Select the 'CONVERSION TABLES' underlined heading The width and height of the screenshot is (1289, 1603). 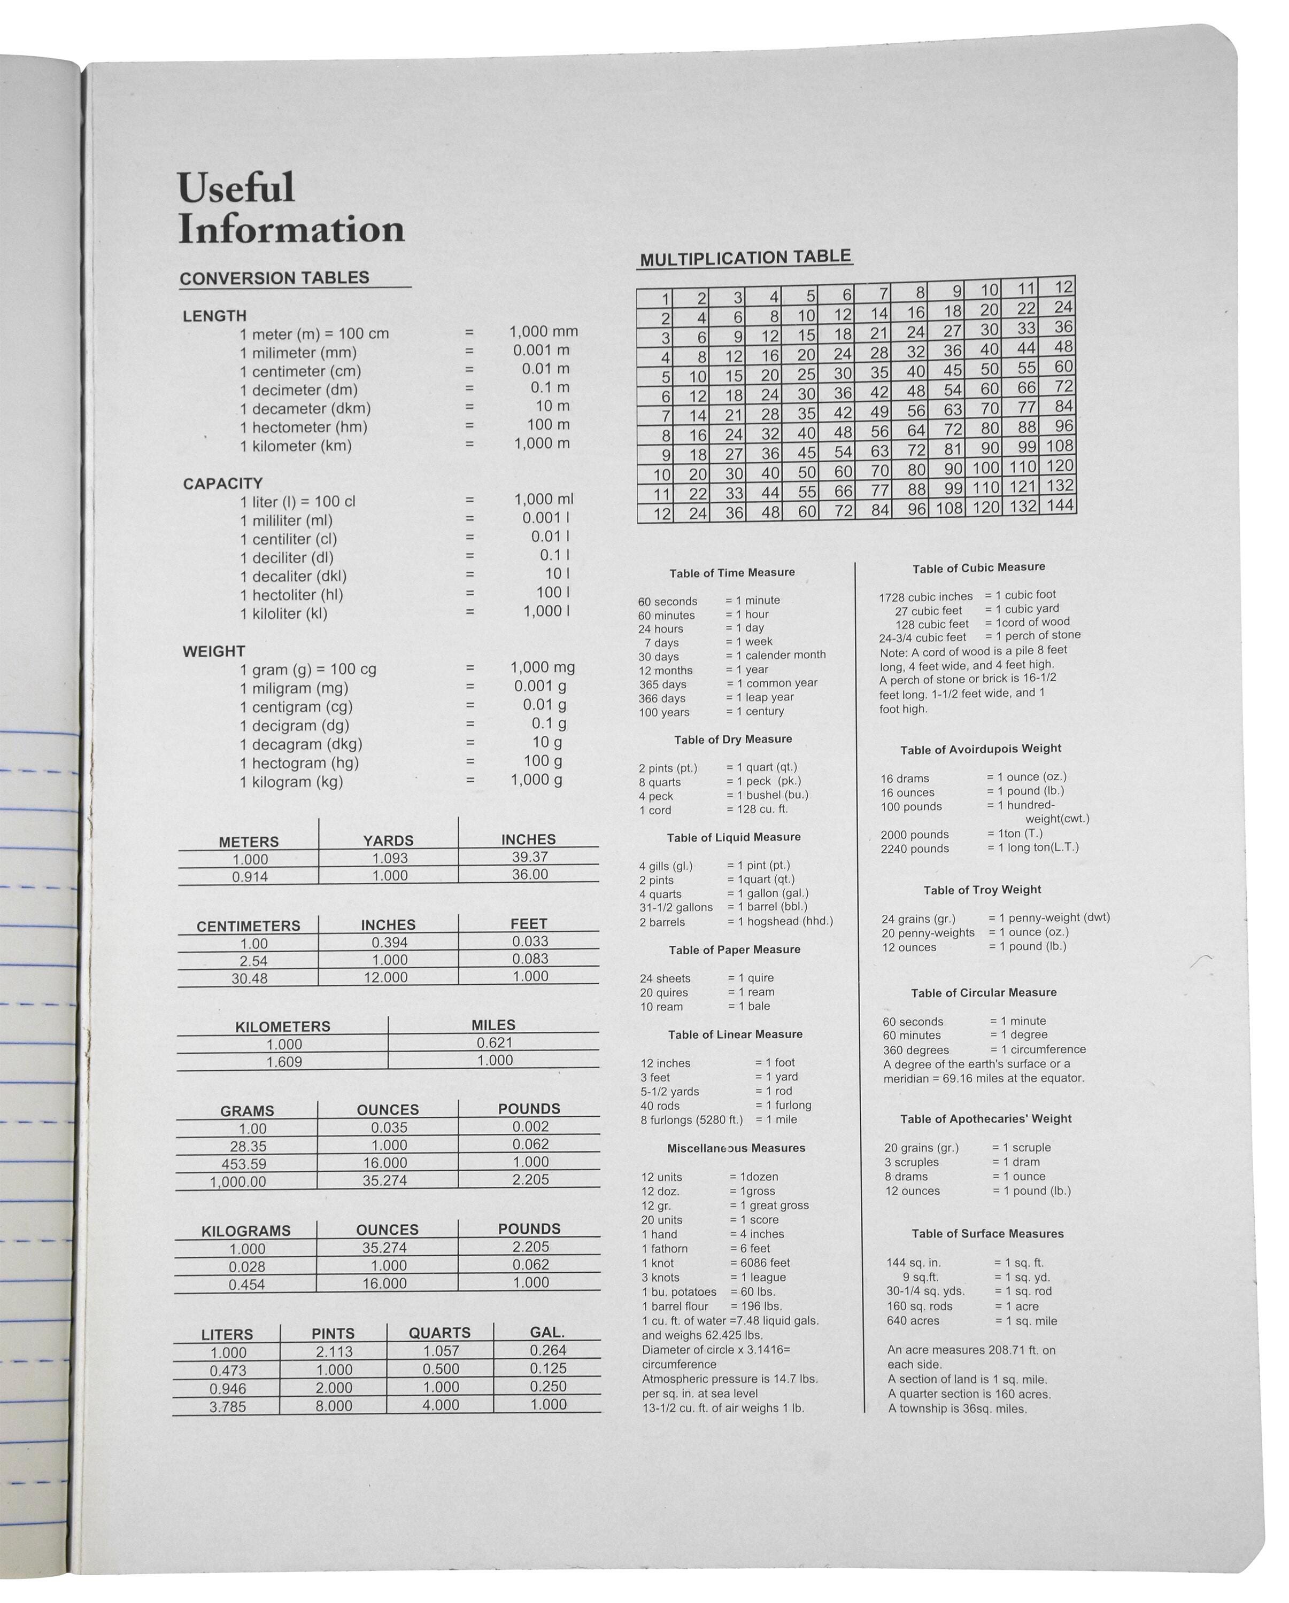274,278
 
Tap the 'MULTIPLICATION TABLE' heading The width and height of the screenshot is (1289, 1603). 745,258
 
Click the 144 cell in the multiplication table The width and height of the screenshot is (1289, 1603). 1059,505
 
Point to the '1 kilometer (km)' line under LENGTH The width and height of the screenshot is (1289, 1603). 295,446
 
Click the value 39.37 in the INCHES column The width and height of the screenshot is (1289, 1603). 530,857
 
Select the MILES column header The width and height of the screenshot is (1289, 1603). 493,1024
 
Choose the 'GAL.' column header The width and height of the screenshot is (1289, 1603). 547,1332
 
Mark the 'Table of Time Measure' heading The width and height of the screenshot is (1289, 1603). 732,572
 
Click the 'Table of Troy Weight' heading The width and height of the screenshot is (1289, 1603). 982,890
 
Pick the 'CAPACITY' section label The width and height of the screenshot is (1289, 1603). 222,483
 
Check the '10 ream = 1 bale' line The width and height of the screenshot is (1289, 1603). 704,1006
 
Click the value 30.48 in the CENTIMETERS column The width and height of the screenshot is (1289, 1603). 249,978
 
